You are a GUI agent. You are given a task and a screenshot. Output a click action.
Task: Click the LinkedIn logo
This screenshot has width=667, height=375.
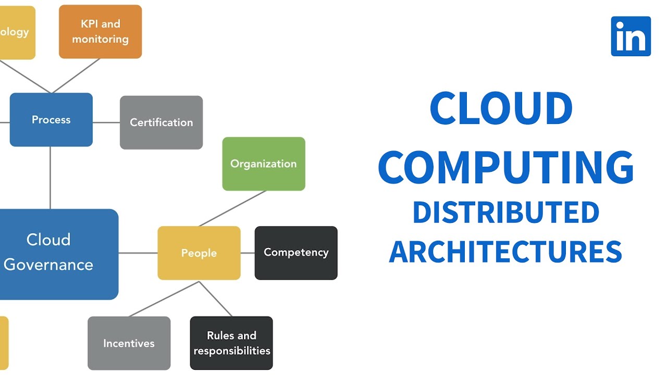pos(631,36)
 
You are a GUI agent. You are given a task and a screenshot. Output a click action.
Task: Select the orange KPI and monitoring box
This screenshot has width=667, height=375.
pos(100,31)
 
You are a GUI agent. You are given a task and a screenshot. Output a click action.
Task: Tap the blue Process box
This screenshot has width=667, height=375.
pos(51,120)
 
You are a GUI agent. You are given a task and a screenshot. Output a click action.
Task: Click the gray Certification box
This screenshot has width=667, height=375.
pos(161,122)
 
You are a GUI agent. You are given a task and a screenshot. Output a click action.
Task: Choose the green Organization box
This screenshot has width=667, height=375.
pos(264,164)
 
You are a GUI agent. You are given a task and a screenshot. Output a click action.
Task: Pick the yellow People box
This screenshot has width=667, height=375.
pos(199,253)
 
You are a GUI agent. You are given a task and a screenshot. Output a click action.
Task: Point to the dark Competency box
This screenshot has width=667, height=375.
pos(296,253)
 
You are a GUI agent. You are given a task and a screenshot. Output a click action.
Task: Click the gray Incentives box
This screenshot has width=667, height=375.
pos(129,343)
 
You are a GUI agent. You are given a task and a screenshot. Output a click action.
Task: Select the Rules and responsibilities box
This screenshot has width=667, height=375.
pos(231,343)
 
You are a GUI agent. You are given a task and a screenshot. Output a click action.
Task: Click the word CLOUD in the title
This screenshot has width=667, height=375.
pos(501,109)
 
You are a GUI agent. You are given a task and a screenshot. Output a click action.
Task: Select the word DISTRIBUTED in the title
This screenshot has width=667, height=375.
pos(505,213)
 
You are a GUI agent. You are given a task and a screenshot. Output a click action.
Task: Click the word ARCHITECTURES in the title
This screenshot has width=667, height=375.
pos(505,251)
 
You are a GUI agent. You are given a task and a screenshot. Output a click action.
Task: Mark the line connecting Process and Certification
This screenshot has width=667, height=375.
pos(106,122)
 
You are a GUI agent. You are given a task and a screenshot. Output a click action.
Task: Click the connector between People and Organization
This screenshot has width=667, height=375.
pos(232,208)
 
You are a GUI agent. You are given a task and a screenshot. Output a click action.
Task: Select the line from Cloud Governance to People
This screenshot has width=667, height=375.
pos(138,253)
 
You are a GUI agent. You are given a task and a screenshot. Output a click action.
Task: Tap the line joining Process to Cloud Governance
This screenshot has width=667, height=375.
pos(51,177)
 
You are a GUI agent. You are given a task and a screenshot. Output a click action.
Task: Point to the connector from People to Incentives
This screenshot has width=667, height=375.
pos(164,299)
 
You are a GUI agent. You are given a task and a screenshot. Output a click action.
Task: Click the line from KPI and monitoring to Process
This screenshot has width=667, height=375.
pos(76,76)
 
